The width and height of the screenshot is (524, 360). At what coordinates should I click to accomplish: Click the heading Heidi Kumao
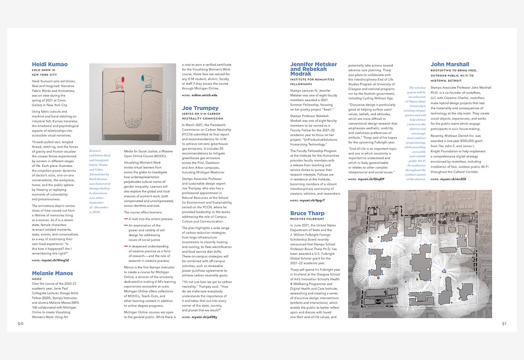click(50, 64)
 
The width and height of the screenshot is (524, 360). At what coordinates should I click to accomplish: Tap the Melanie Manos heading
click(52, 273)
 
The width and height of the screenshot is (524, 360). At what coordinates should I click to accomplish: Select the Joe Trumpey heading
click(200, 108)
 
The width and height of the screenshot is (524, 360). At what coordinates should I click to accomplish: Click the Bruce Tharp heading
click(307, 214)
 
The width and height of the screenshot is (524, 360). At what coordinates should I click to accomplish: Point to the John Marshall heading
click(450, 64)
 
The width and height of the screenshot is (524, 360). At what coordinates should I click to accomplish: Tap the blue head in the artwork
click(144, 77)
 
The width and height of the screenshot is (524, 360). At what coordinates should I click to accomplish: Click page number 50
click(20, 324)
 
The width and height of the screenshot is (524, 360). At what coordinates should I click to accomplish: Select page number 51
click(504, 324)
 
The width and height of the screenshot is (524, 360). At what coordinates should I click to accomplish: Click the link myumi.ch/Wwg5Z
click(55, 260)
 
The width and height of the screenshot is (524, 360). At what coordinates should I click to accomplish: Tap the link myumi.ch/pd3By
click(204, 317)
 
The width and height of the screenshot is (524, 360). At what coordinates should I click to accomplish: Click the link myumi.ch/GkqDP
click(372, 179)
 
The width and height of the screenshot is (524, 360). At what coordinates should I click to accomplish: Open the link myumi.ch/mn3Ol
click(454, 179)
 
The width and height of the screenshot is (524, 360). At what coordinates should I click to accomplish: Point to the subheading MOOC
click(36, 279)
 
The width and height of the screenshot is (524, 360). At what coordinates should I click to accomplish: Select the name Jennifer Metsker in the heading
click(313, 64)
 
